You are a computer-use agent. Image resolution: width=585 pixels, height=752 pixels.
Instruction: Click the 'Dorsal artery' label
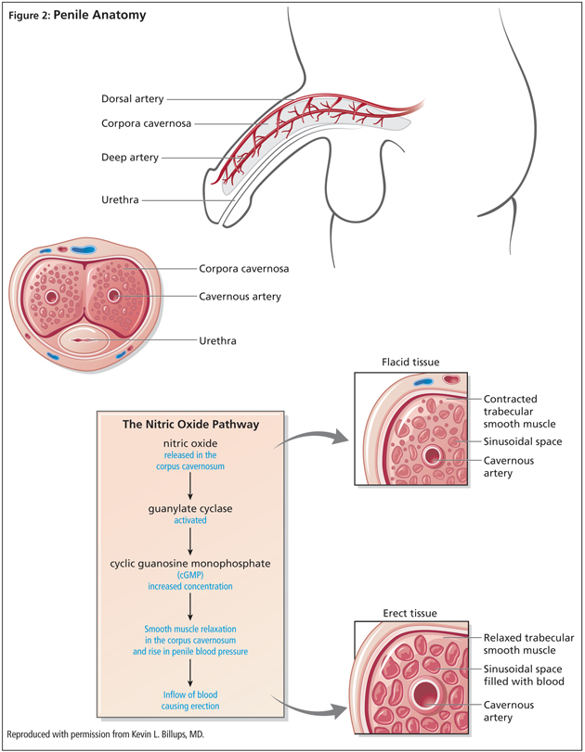coord(133,99)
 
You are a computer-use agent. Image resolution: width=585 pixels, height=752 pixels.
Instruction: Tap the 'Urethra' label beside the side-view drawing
coord(121,199)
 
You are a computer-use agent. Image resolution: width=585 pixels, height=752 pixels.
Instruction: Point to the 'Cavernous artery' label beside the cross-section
coord(240,297)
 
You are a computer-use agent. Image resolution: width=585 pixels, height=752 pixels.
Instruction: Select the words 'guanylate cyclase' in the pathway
coord(189,508)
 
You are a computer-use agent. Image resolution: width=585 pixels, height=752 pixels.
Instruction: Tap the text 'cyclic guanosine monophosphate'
coord(189,563)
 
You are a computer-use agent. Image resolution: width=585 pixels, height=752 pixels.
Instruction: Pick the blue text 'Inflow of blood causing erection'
coord(189,700)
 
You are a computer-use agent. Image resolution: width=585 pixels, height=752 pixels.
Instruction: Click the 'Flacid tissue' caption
coord(410,361)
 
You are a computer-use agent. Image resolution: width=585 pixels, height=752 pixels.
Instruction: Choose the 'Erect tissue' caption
coord(410,613)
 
